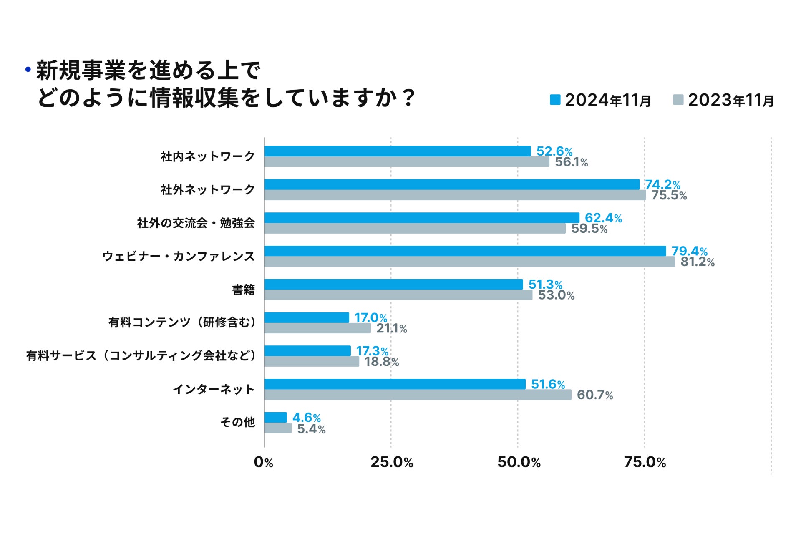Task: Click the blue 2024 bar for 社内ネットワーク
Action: click(397, 151)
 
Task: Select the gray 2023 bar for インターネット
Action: click(418, 395)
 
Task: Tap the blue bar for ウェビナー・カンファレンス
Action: click(465, 251)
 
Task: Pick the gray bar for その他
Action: click(278, 428)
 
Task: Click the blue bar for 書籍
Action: click(393, 284)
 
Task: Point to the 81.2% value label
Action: click(697, 262)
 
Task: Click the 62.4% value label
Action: click(603, 218)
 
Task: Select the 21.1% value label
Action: click(391, 329)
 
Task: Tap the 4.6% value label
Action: click(306, 418)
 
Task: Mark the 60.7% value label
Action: click(594, 395)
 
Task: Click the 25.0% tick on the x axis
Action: click(391, 462)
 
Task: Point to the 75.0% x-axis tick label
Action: click(645, 462)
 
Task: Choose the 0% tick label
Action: click(263, 462)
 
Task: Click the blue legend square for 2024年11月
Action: click(555, 100)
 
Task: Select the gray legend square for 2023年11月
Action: click(678, 100)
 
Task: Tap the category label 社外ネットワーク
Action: click(207, 190)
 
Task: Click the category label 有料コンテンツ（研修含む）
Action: click(182, 322)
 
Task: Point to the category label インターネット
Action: click(213, 389)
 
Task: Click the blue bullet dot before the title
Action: click(28, 69)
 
